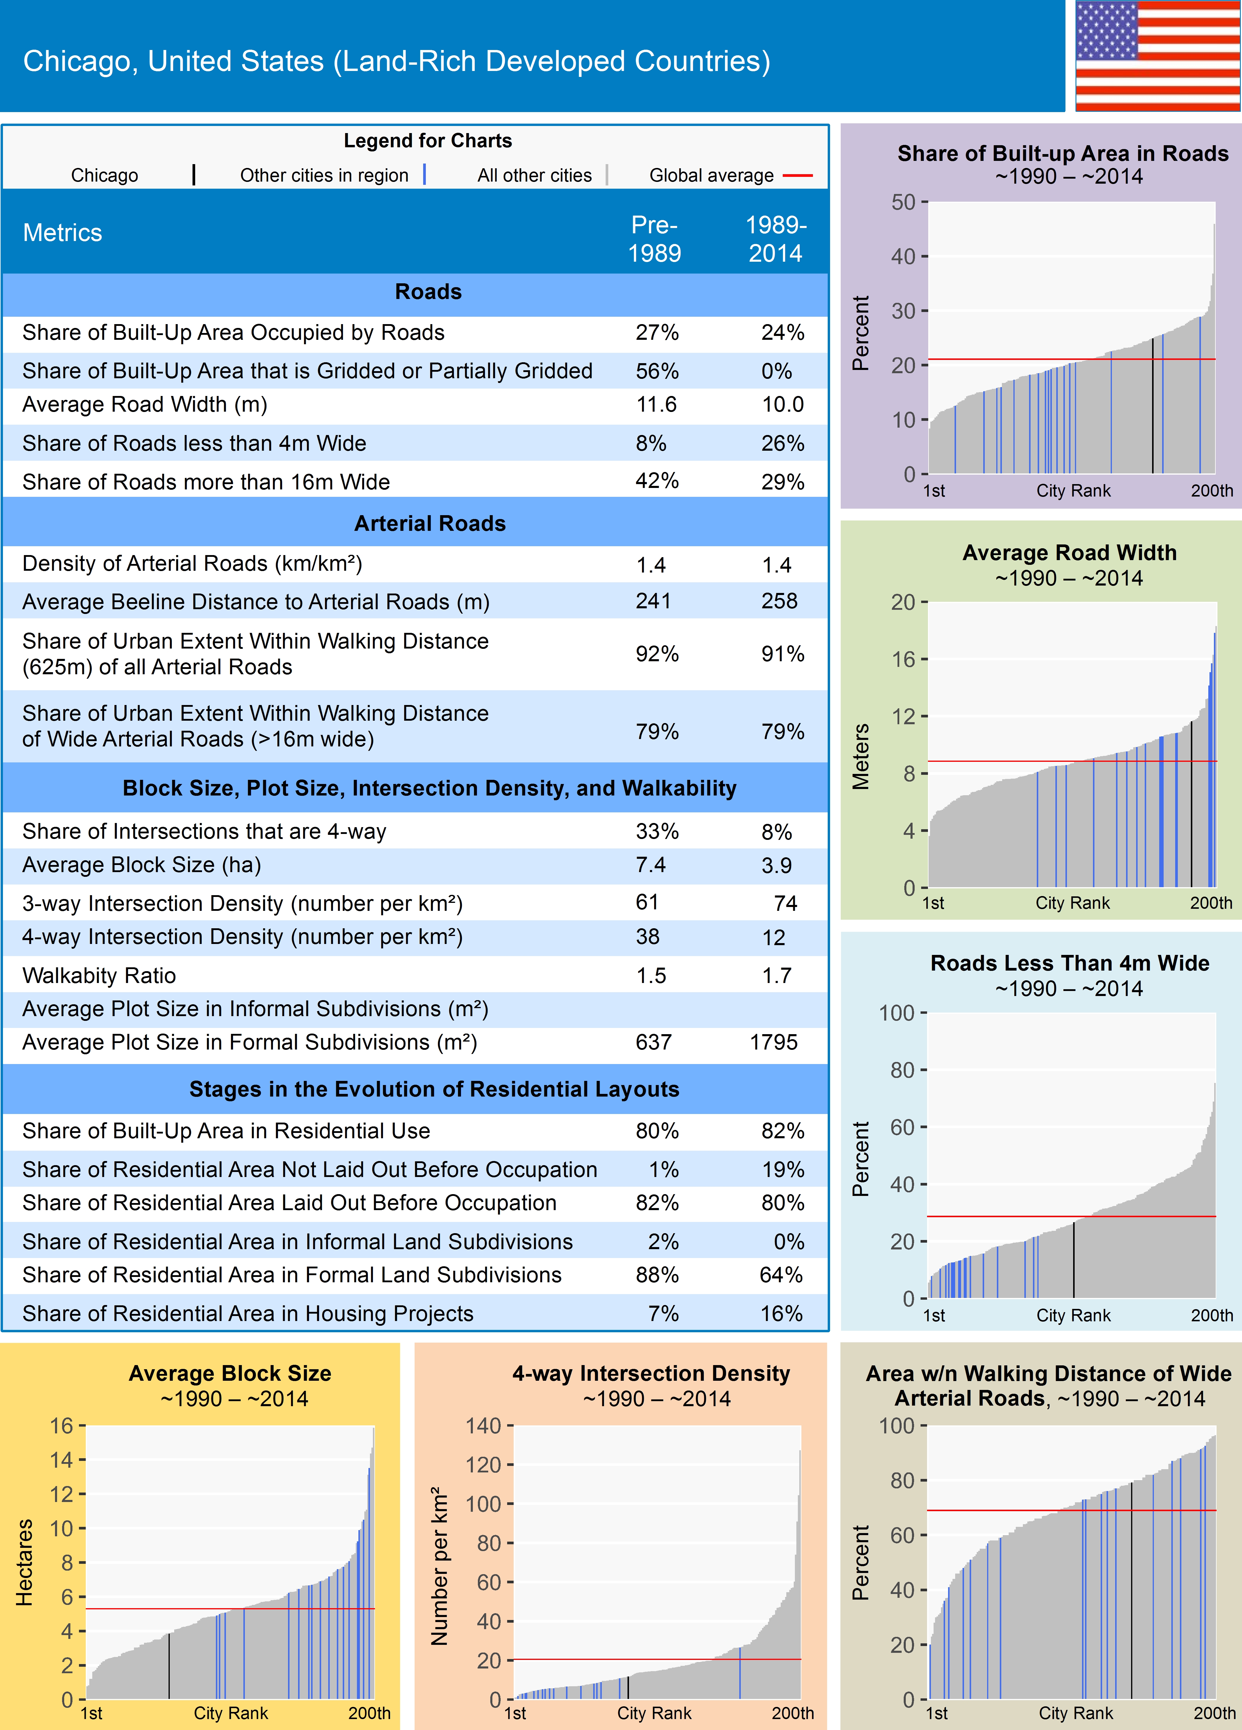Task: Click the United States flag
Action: pyautogui.click(x=1157, y=56)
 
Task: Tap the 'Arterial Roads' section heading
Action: pyautogui.click(x=429, y=523)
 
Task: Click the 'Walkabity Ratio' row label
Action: pyautogui.click(x=99, y=976)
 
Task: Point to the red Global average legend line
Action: pyautogui.click(x=797, y=175)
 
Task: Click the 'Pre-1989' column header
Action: pyautogui.click(x=654, y=239)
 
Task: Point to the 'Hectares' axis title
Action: pyautogui.click(x=25, y=1562)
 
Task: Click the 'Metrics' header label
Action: pyautogui.click(x=63, y=233)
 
